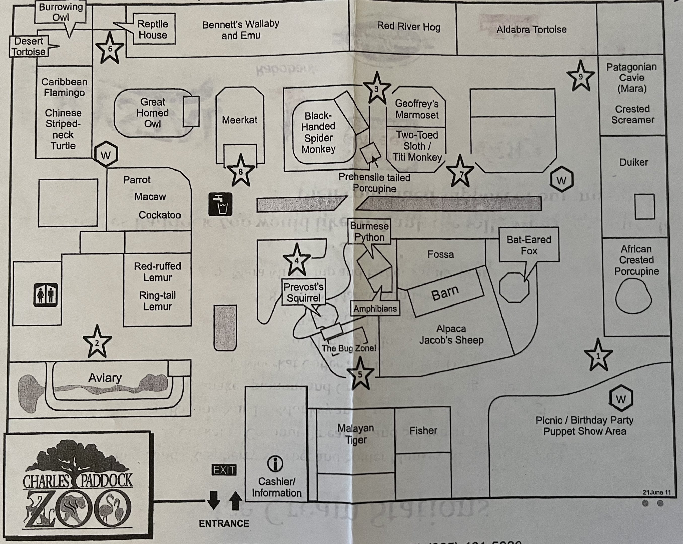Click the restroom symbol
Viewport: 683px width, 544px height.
[x=46, y=295]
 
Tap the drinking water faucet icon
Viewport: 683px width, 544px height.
[x=220, y=204]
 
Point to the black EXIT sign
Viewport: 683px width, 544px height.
[x=224, y=470]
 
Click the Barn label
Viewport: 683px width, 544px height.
[x=445, y=293]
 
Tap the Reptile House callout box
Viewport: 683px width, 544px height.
[x=153, y=29]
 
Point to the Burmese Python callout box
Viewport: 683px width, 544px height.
[x=369, y=232]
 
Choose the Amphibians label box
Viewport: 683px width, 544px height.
[x=375, y=308]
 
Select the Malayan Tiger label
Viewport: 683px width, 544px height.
[x=356, y=434]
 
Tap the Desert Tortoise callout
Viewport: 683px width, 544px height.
[x=29, y=46]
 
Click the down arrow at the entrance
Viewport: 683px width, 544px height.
[x=213, y=500]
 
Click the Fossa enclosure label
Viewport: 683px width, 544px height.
[x=440, y=254]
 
